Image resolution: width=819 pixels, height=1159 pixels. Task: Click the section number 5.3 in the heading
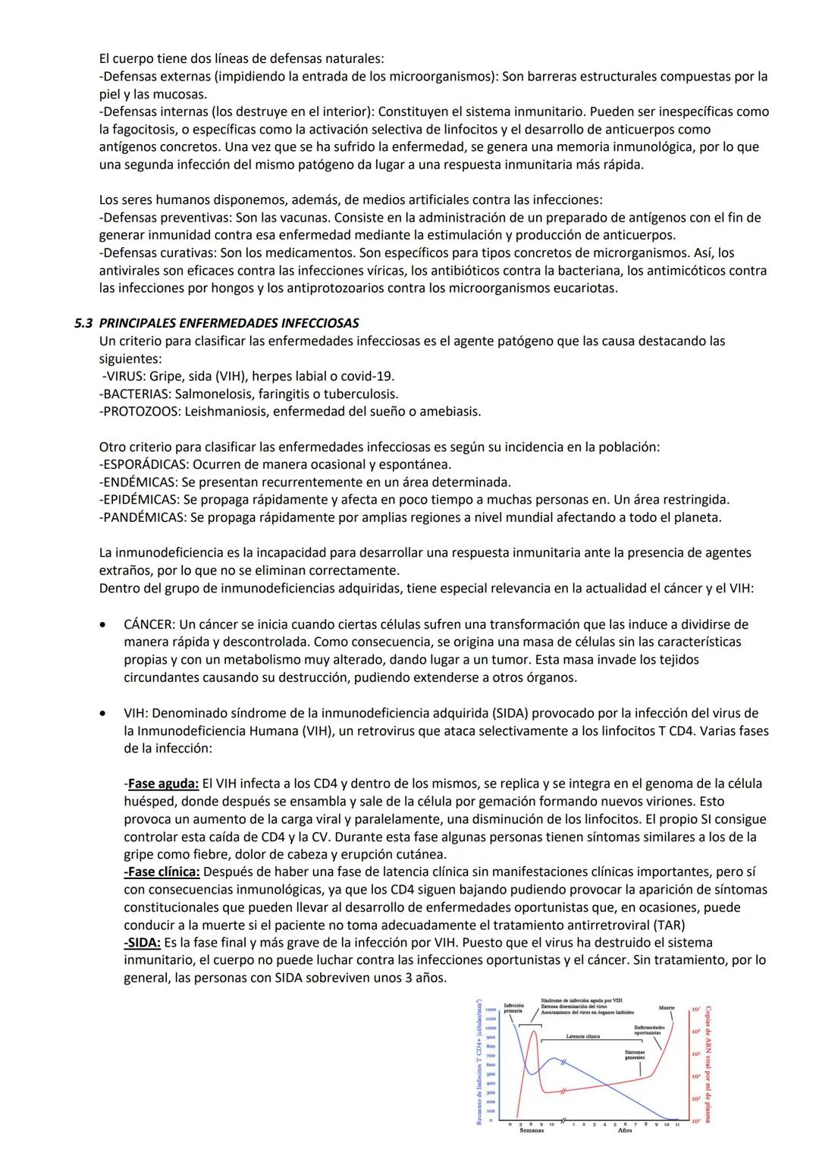(83, 323)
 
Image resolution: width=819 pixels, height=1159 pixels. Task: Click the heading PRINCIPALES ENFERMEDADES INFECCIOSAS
(229, 323)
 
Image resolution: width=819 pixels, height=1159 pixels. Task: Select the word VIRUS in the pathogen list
(123, 376)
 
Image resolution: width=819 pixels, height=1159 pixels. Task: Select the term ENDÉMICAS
(136, 482)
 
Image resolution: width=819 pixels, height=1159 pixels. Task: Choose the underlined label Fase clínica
(163, 872)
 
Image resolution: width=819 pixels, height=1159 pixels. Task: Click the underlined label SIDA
(143, 942)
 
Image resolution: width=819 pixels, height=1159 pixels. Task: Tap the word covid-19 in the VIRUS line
(367, 376)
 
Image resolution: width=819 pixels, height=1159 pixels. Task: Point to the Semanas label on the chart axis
(531, 1130)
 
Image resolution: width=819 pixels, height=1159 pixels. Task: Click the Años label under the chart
(625, 1130)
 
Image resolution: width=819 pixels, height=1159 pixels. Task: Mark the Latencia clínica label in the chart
(582, 1036)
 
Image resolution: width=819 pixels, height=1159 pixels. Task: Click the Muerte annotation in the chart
(667, 1008)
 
